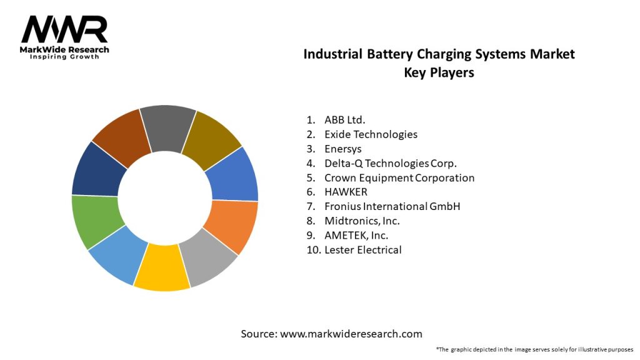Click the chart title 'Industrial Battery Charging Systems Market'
(x=439, y=54)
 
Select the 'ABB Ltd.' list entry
(x=345, y=119)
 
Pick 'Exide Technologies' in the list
(x=371, y=134)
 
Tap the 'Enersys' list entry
(x=342, y=149)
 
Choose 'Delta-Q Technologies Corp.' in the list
(x=391, y=163)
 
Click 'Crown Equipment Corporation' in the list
(x=399, y=177)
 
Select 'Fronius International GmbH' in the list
(x=392, y=206)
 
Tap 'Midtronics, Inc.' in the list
(x=362, y=221)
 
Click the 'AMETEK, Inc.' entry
(x=356, y=235)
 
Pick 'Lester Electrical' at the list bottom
(x=363, y=249)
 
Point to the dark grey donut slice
(x=167, y=128)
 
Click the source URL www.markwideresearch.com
(x=351, y=334)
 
